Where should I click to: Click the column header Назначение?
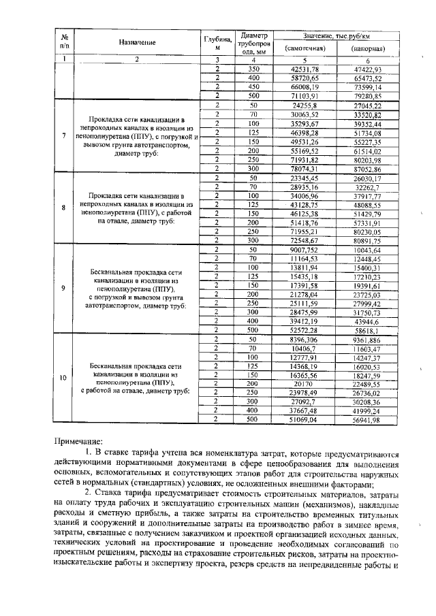[x=137, y=42]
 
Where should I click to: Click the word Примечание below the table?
[x=78, y=442]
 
